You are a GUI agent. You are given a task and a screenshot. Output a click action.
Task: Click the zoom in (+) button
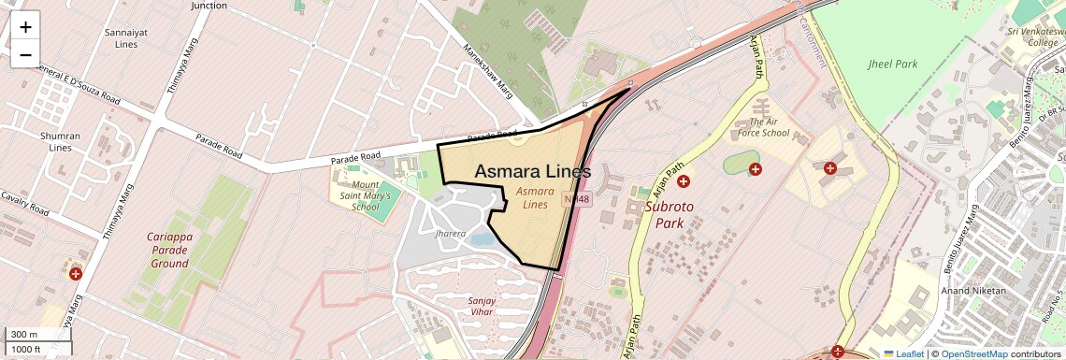coord(25,27)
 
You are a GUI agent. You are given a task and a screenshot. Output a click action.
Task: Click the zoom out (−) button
coord(25,55)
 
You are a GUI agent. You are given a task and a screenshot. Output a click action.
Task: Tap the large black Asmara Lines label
coord(533,172)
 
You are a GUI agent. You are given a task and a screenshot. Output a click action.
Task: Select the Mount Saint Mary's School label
coord(359,195)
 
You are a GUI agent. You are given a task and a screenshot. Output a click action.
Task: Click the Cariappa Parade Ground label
coord(171,251)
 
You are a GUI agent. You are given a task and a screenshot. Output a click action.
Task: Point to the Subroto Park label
coord(670,213)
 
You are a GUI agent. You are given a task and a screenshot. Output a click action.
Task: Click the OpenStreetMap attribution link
coord(974,353)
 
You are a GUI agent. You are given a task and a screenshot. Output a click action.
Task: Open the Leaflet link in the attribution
coord(903,353)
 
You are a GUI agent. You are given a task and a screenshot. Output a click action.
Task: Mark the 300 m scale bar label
coord(25,335)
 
